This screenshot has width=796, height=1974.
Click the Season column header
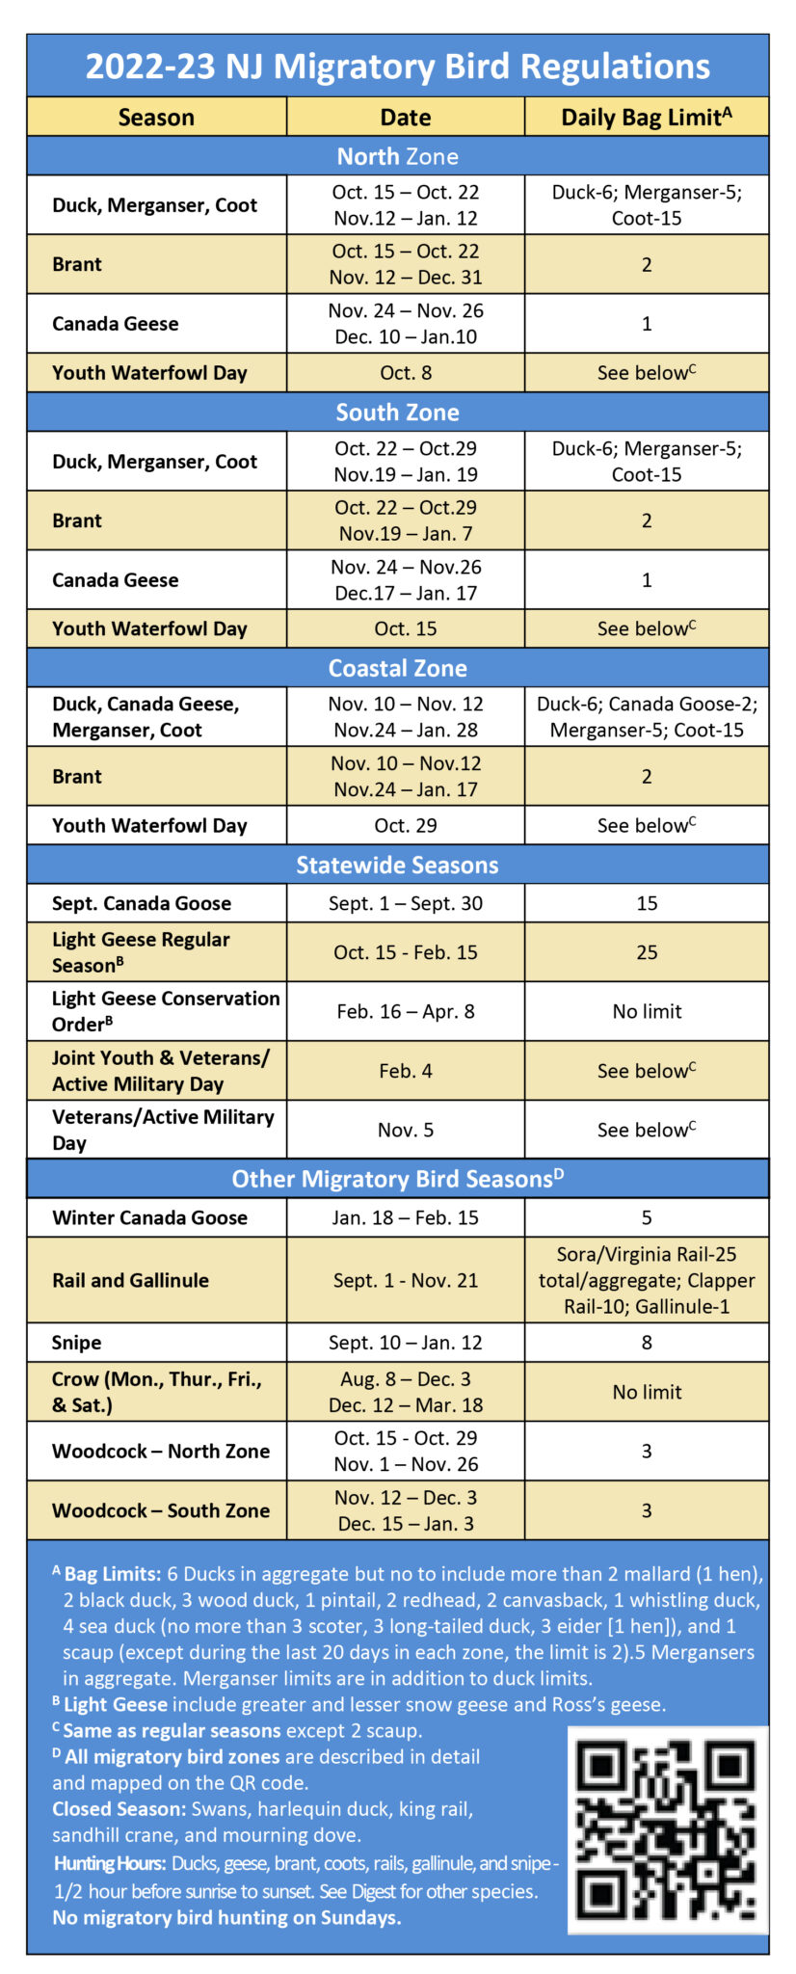[x=156, y=118]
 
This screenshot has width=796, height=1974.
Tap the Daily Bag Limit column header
[x=646, y=118]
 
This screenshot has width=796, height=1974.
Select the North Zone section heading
[x=397, y=156]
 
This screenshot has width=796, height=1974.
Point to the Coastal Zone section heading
[x=397, y=668]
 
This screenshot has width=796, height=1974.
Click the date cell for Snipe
[x=405, y=1343]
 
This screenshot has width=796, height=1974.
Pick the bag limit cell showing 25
[x=647, y=952]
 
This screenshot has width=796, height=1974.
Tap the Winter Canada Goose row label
[x=149, y=1217]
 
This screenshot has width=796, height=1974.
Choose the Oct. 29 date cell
[x=405, y=826]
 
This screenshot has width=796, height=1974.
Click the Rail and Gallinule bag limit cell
[x=647, y=1280]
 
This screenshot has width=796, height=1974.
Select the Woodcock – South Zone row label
[x=161, y=1510]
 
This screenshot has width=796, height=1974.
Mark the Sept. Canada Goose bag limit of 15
[x=647, y=903]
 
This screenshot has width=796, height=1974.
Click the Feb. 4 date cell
[x=405, y=1071]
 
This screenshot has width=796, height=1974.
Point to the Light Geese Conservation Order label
[x=166, y=1011]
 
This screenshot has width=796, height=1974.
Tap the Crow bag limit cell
[x=647, y=1392]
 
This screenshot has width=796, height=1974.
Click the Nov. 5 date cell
[x=405, y=1130]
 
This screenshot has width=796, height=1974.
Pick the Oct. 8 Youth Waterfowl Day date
[x=405, y=373]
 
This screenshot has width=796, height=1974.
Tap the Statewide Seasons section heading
[x=397, y=866]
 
